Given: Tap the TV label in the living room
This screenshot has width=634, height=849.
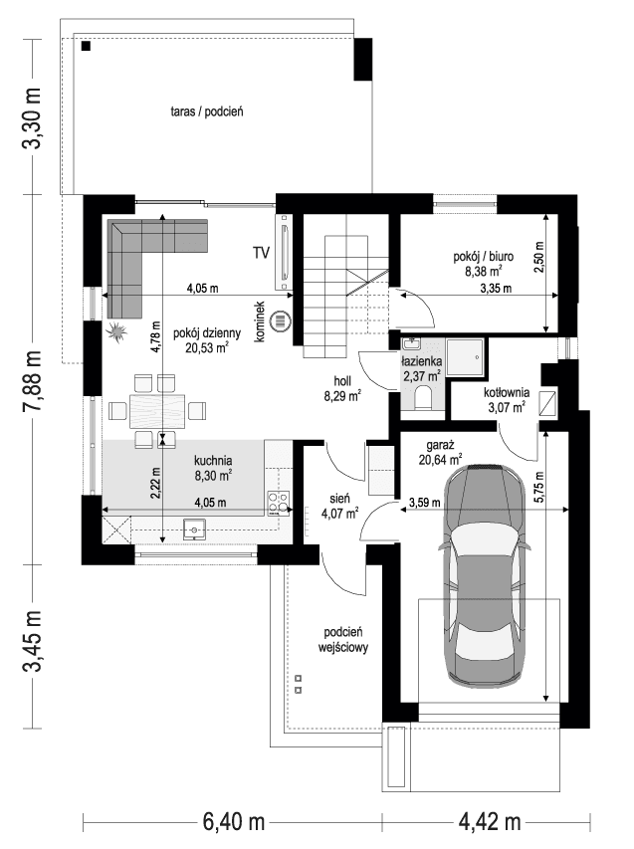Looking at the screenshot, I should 262,253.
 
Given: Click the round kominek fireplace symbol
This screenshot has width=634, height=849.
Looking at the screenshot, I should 281,321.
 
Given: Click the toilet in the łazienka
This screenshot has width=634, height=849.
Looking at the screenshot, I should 422,400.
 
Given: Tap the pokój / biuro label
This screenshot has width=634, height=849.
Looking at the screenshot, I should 482,256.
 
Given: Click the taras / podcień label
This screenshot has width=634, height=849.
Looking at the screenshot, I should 207,112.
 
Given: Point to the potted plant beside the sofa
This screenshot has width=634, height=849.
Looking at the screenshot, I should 117,330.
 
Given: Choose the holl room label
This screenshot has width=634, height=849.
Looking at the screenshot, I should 340,381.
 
